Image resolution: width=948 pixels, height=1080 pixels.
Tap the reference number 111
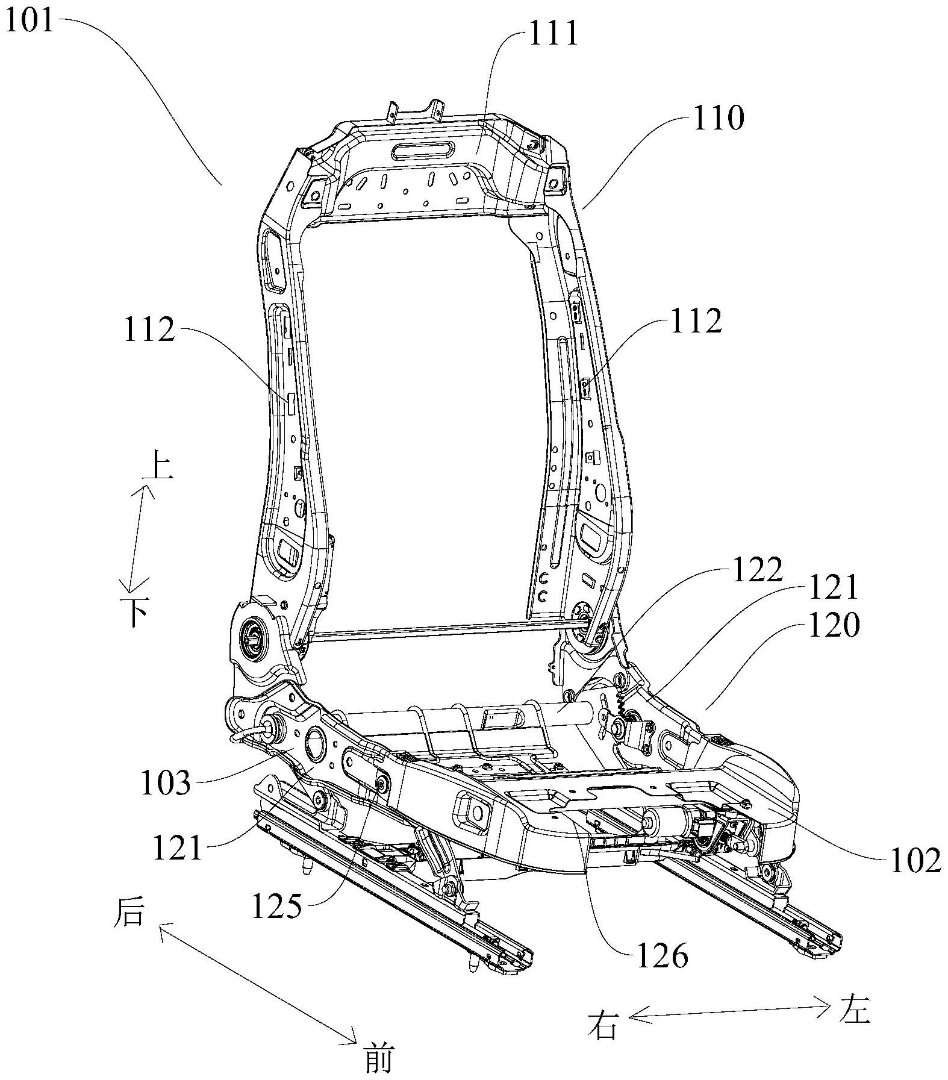553,34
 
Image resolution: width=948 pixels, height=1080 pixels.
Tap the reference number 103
165,783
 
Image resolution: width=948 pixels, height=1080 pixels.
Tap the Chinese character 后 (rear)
129,914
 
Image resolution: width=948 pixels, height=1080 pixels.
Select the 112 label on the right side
696,322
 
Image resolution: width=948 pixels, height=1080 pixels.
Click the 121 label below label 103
176,847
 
